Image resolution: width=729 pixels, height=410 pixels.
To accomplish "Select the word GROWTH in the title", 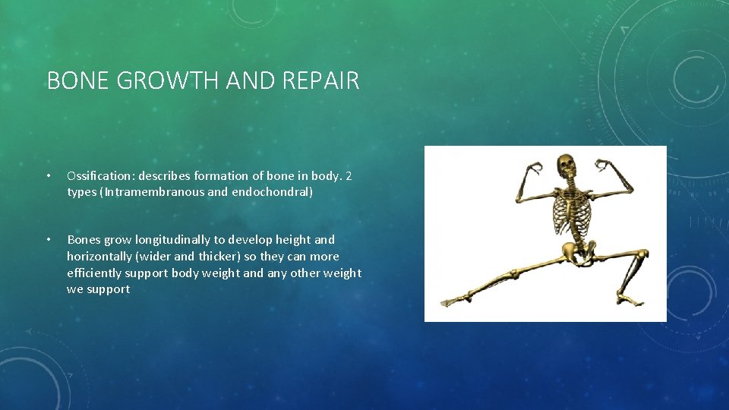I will coord(166,80).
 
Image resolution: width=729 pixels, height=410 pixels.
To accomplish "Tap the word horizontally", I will coord(99,257).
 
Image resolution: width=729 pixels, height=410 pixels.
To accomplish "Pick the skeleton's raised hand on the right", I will coord(604,166).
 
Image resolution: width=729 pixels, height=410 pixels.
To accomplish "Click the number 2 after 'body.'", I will coord(349,176).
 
